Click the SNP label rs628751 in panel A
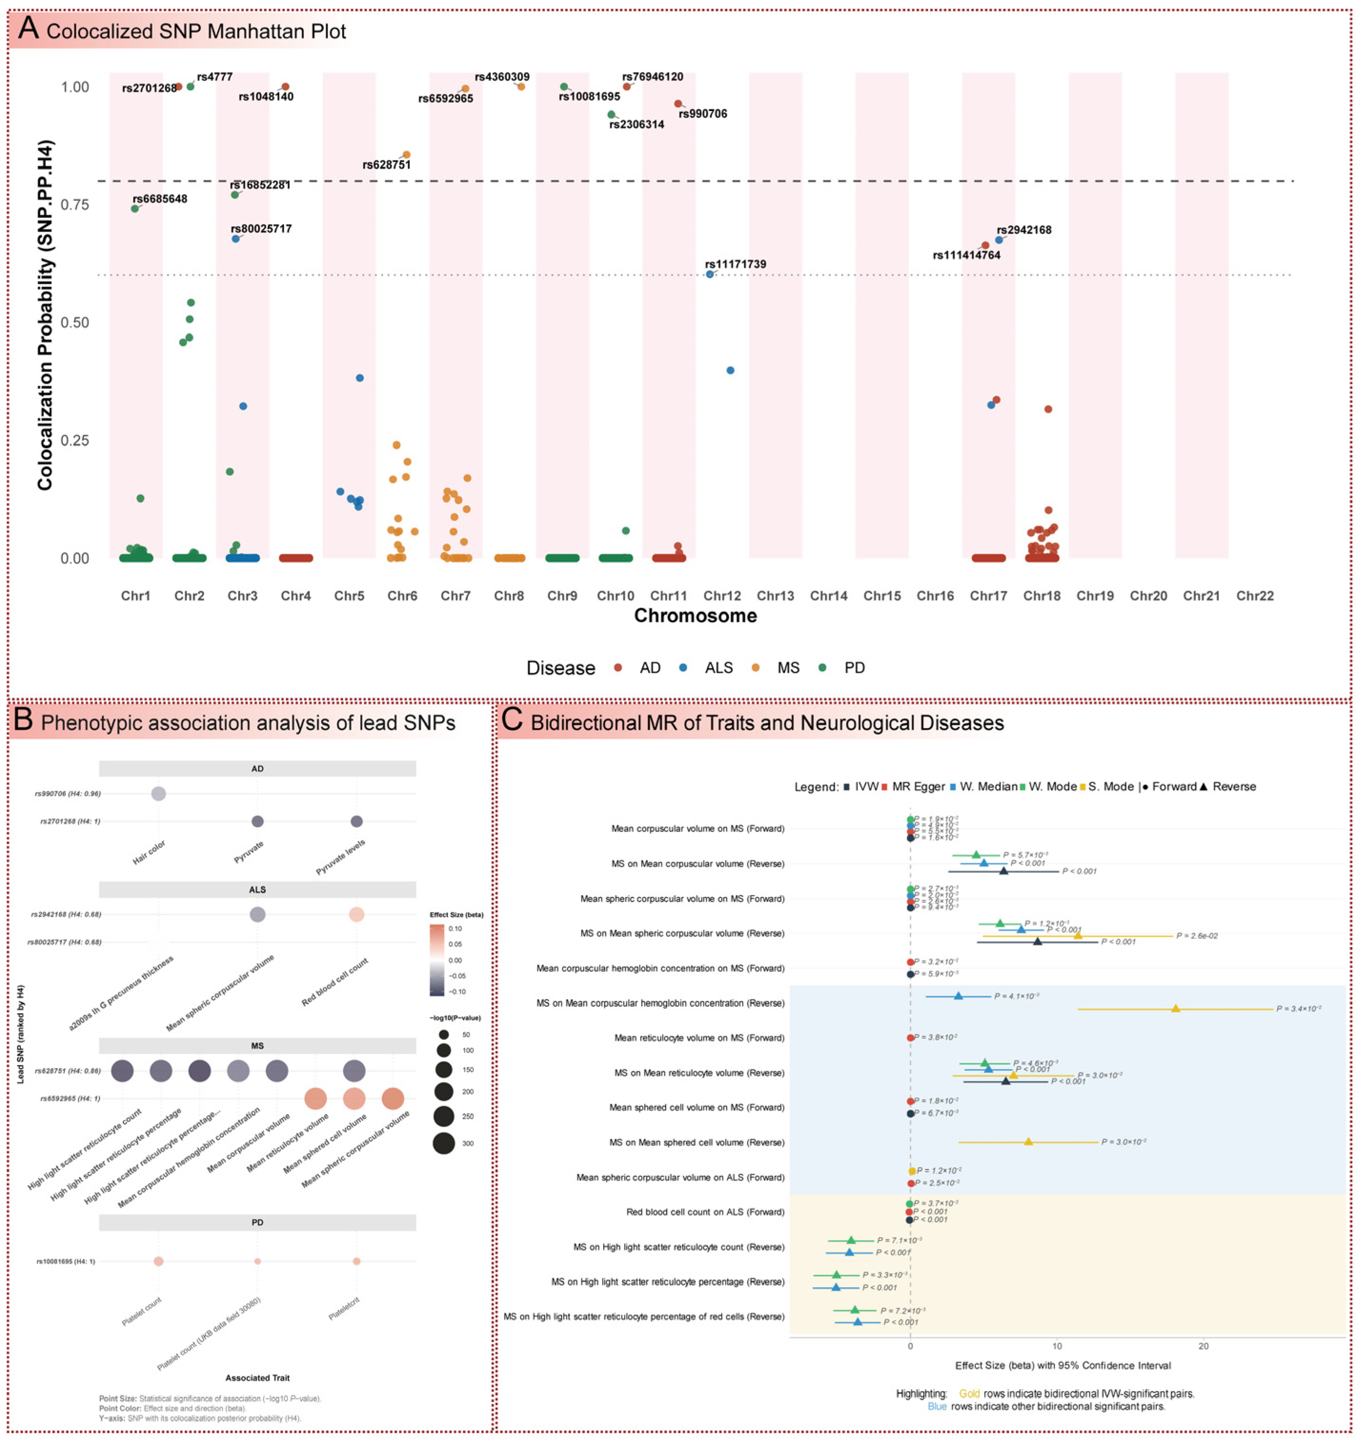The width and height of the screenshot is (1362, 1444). [x=386, y=165]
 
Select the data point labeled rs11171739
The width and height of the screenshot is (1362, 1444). [x=710, y=274]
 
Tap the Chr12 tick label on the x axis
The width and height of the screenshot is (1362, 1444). [x=722, y=596]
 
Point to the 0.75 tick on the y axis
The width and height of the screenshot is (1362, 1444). [x=75, y=205]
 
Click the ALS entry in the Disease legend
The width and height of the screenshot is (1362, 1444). [x=718, y=667]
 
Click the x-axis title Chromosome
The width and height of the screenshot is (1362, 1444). [x=695, y=616]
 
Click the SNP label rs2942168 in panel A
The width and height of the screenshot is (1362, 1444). [x=1023, y=230]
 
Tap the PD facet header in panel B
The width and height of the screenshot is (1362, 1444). [x=257, y=1222]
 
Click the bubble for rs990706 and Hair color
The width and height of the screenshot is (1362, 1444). [x=158, y=793]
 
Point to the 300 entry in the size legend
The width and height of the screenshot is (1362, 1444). [x=467, y=1143]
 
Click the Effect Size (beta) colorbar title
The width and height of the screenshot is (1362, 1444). [x=456, y=915]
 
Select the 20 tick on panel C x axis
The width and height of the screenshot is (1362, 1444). [x=1204, y=1346]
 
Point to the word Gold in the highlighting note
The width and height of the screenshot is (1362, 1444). [x=969, y=1394]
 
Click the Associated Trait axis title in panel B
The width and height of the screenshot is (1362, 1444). [x=257, y=1378]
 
